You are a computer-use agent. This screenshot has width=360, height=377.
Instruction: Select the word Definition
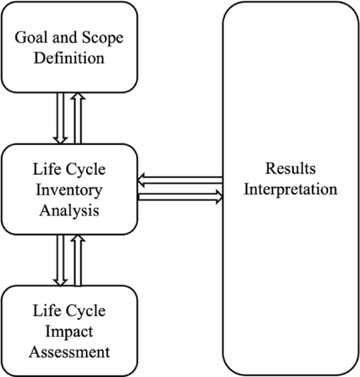(69, 57)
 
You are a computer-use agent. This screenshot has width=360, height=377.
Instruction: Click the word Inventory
(69, 189)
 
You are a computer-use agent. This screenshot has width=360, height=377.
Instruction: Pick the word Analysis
(69, 209)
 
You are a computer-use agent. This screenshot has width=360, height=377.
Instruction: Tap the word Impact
(69, 331)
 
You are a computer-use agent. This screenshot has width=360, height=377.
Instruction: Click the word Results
(290, 169)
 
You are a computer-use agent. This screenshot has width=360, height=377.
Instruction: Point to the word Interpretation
(290, 188)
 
